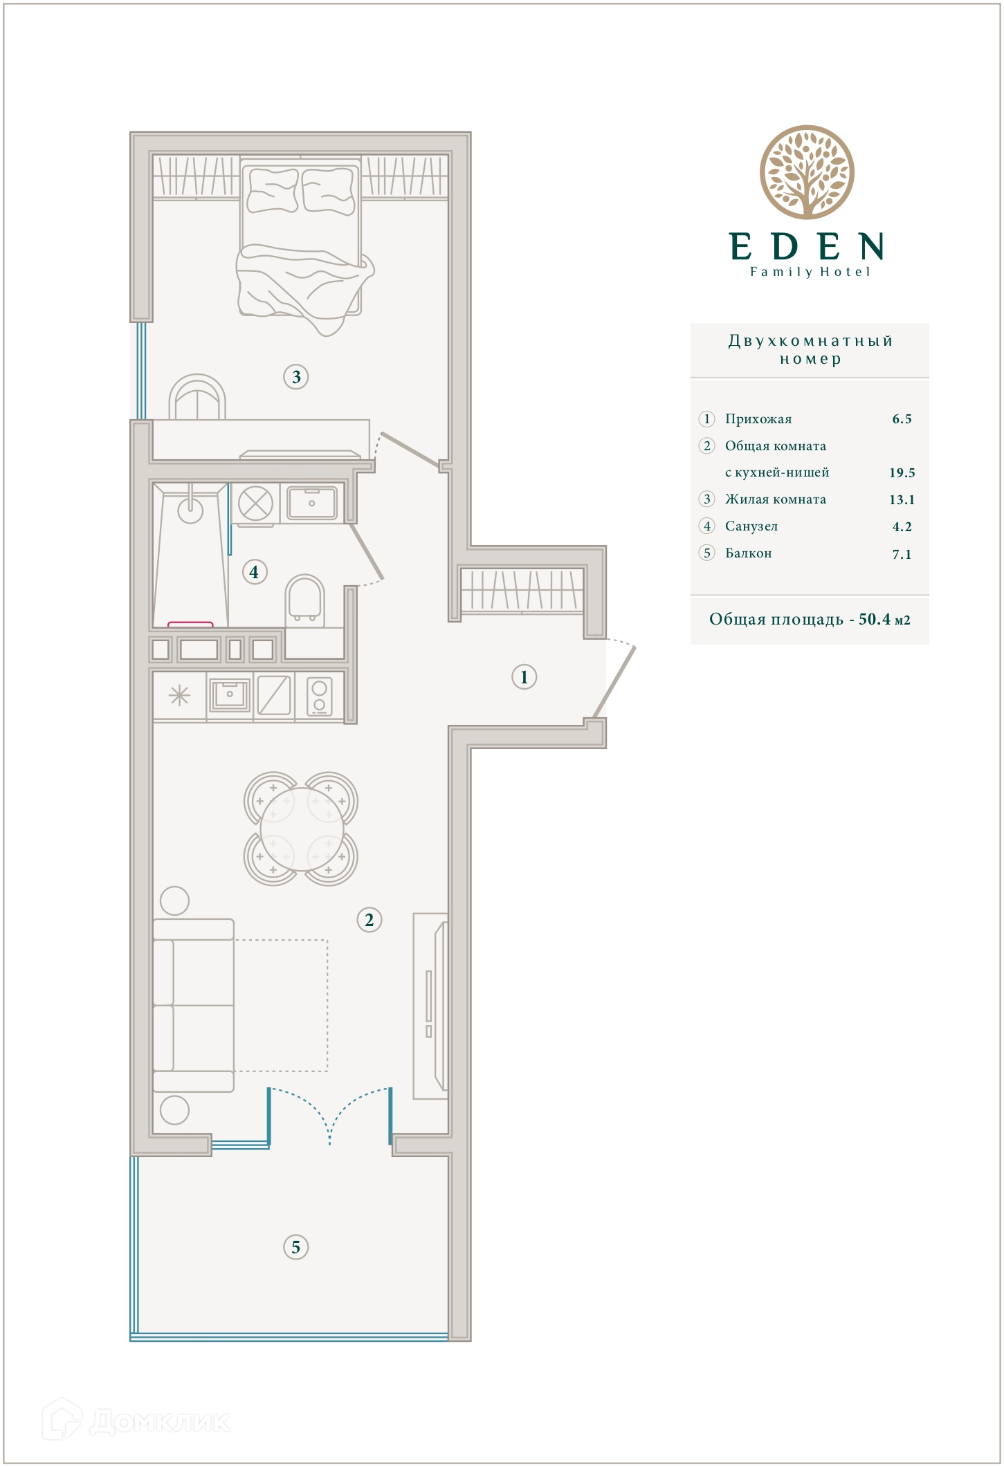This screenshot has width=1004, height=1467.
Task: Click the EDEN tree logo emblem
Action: (x=807, y=172)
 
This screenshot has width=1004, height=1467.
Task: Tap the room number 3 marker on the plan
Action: (x=296, y=377)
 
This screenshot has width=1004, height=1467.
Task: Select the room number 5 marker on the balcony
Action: (x=296, y=1247)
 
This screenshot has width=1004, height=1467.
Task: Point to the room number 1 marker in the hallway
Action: (x=524, y=676)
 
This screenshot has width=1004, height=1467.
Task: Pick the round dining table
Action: (x=302, y=829)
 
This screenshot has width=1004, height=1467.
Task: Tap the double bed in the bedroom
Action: (x=301, y=246)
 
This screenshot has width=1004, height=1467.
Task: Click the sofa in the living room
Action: (x=193, y=1005)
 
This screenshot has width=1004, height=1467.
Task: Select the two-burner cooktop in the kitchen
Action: (x=319, y=696)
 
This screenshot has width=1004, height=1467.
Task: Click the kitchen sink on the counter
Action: (x=230, y=694)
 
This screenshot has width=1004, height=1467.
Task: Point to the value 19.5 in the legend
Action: (x=902, y=473)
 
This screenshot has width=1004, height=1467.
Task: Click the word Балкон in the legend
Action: (x=748, y=553)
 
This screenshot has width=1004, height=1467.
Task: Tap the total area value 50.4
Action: (x=875, y=619)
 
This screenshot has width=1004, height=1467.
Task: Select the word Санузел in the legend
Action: (x=751, y=526)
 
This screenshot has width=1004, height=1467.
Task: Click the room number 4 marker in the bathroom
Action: (x=255, y=572)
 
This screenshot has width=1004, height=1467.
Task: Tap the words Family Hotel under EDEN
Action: (x=810, y=272)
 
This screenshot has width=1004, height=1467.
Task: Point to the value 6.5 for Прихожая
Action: (x=902, y=419)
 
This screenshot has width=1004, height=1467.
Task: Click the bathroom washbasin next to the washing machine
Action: (x=312, y=503)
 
